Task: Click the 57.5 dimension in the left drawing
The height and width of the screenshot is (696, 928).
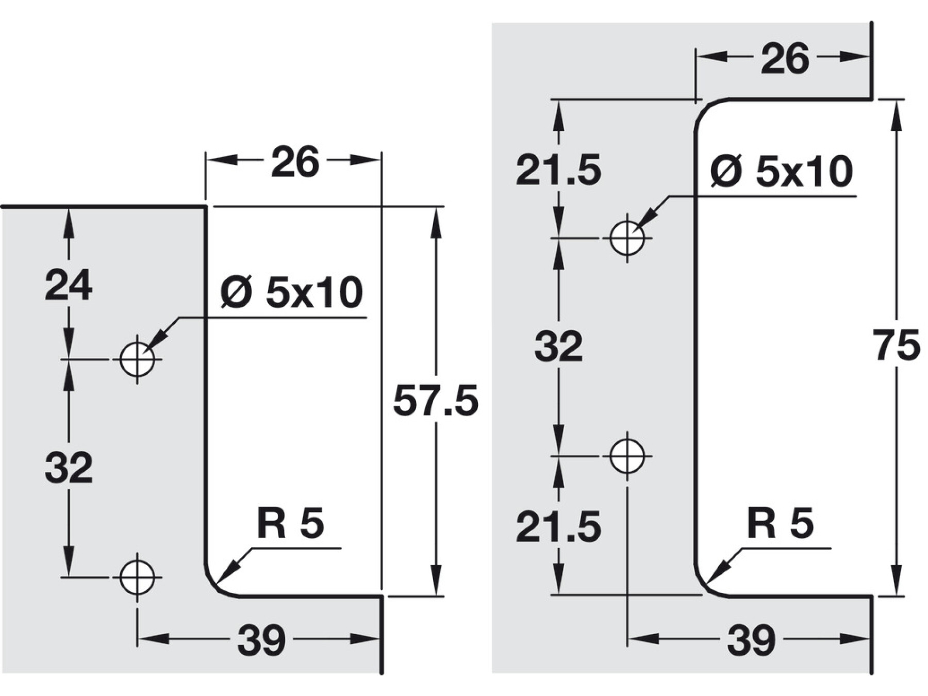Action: pos(436,401)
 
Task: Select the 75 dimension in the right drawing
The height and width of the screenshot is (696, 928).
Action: pos(897,345)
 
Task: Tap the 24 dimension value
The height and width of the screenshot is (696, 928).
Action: pos(69,285)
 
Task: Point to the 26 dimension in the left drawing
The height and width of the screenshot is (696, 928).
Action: pos(295,162)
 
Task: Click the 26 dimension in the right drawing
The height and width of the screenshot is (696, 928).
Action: pos(785,59)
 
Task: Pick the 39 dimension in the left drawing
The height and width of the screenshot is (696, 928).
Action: pos(261,640)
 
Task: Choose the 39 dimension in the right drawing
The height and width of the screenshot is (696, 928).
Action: pos(751,640)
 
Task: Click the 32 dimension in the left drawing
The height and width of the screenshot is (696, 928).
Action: pos(69,467)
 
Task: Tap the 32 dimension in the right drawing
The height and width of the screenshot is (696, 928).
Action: pos(558,346)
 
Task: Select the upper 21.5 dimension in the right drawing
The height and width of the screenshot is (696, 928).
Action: pos(558,170)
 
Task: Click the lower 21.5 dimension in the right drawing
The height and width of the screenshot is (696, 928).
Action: pos(558,526)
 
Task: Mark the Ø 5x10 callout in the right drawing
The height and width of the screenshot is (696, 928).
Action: pos(782,171)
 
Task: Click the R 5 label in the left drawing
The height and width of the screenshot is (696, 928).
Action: pos(290,523)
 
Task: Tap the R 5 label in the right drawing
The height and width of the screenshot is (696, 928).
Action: pos(780,523)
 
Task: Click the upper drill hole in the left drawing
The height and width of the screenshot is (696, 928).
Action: pos(137,359)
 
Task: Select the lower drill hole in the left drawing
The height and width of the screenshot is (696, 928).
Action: pos(137,577)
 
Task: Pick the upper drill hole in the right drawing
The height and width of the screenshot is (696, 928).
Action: pos(627,238)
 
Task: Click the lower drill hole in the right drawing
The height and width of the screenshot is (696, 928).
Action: pos(627,456)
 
